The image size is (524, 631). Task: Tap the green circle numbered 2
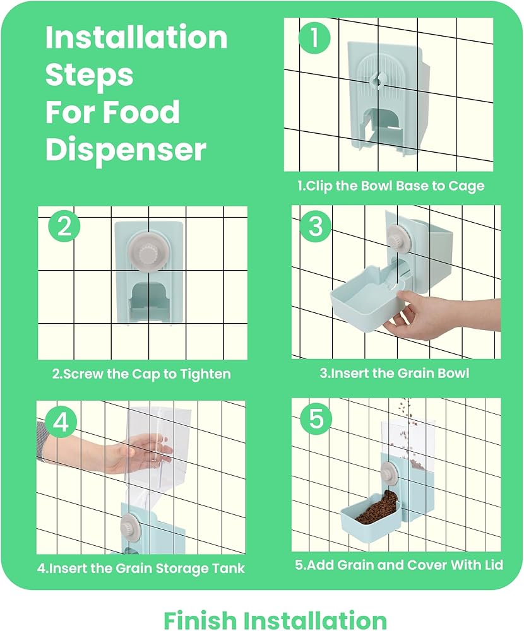coord(64,226)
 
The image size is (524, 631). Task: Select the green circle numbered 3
coord(316,226)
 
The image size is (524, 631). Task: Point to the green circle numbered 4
coord(61,423)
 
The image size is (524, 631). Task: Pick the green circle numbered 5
coord(316,419)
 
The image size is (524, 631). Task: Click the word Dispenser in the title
coord(126,150)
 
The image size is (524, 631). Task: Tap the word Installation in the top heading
coord(136,37)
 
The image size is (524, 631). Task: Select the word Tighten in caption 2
coord(205,374)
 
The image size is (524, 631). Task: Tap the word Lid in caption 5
coord(493,565)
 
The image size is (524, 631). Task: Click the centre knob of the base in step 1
coord(378,80)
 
